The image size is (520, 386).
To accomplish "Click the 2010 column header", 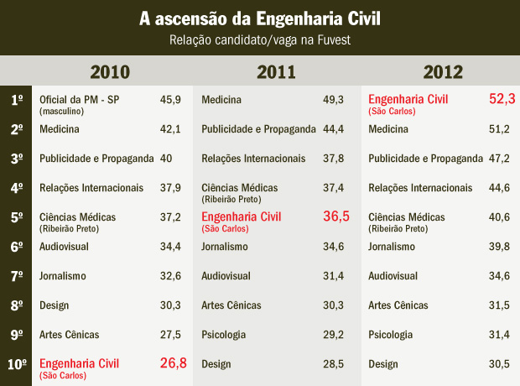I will pos(110,71).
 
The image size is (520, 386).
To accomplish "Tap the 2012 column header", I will pos(444,71).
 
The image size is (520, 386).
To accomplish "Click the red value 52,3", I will pos(502,99).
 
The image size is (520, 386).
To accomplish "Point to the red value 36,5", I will pos(336,216).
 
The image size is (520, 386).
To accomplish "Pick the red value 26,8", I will pos(173,363).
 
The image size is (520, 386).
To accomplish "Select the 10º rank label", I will pos(18,364).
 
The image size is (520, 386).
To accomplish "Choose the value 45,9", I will pos(170,100).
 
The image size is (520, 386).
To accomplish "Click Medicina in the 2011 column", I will pos(221,100).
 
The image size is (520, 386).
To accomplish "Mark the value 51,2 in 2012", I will pos(500,129).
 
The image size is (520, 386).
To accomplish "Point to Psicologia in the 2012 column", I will pos(391,335).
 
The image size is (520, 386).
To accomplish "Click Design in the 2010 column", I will pos(55,305).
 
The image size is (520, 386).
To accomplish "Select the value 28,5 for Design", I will pos(335,364).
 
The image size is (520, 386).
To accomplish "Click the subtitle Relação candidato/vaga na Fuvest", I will pos(259,40).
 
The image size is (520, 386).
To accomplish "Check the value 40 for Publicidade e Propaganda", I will pos(166,159).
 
